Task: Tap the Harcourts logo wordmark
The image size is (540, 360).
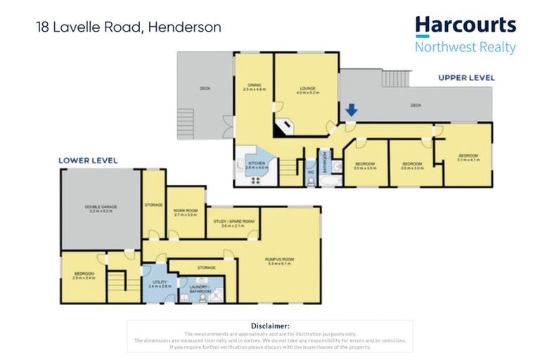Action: [465, 25]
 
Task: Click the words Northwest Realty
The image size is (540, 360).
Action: [465, 48]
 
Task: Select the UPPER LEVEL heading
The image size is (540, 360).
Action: [466, 77]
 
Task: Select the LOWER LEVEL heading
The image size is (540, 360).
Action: [88, 161]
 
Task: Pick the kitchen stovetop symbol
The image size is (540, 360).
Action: [255, 179]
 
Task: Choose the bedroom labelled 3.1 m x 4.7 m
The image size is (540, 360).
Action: [468, 157]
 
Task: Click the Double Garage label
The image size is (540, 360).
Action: [100, 208]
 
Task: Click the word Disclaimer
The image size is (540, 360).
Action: [270, 326]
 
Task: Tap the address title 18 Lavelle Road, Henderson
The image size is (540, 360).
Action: [129, 28]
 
